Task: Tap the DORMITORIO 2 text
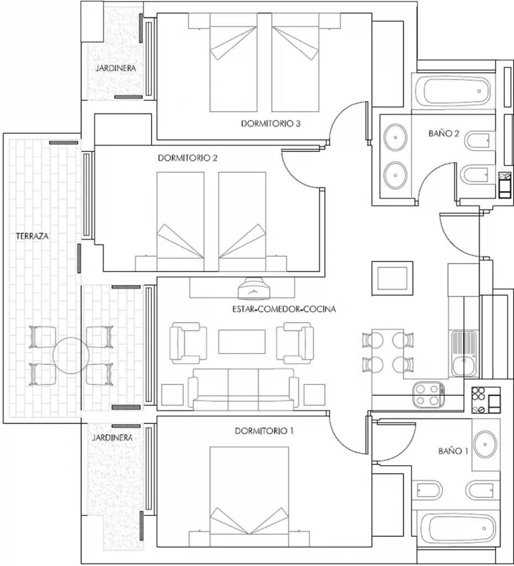point(188,158)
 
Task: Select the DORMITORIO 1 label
point(264,431)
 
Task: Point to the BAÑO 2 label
point(443,134)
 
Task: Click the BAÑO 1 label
point(453,451)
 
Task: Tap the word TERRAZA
point(32,236)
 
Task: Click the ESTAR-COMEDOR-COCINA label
point(284,309)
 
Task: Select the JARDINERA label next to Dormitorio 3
point(116,68)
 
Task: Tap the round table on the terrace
point(71,356)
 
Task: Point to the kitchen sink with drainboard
point(463,353)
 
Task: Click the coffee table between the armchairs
point(242,341)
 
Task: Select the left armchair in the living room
point(188,343)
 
